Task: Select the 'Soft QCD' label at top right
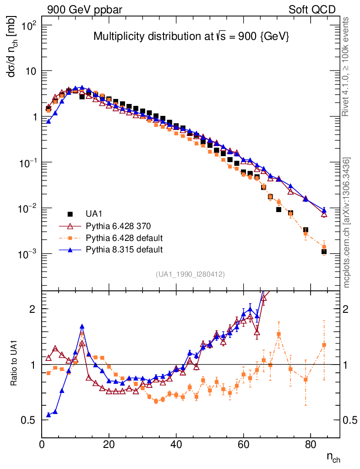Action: click(312, 10)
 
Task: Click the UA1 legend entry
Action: click(94, 214)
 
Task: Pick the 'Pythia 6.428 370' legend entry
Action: click(118, 226)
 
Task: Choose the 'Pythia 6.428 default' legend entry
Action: click(124, 238)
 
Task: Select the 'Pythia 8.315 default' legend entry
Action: click(124, 250)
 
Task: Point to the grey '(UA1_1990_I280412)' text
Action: click(190, 274)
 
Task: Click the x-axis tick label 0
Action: click(42, 444)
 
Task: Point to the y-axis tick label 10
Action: click(33, 71)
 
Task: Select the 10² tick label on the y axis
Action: click(29, 26)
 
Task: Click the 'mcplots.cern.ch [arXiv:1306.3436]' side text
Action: click(347, 223)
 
